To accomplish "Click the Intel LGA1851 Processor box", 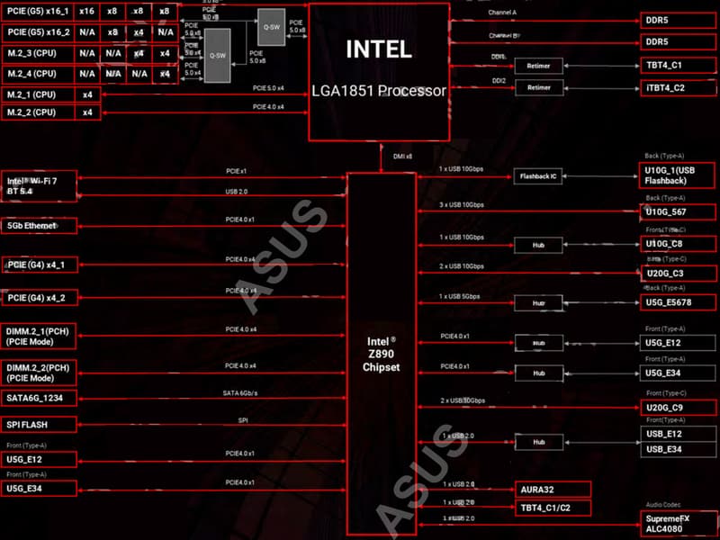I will pyautogui.click(x=379, y=71).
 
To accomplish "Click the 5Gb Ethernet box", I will pyautogui.click(x=51, y=226).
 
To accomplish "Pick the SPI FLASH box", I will pyautogui.click(x=51, y=424).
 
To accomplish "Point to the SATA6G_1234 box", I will pyautogui.click(x=51, y=398).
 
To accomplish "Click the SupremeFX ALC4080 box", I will pyautogui.click(x=679, y=523).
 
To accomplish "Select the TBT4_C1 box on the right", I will pyautogui.click(x=679, y=65).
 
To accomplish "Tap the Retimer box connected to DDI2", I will pyautogui.click(x=538, y=88).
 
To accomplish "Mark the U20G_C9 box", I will pyautogui.click(x=679, y=407).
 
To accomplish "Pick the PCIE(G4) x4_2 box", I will pyautogui.click(x=51, y=297).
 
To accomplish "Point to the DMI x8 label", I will pyautogui.click(x=402, y=157).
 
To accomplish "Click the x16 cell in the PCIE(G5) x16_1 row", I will pyautogui.click(x=86, y=12).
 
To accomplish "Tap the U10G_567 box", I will pyautogui.click(x=679, y=211).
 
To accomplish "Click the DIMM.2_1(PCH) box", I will pyautogui.click(x=51, y=336).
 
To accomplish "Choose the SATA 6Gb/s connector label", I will pyautogui.click(x=241, y=392).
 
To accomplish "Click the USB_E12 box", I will pyautogui.click(x=679, y=434).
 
